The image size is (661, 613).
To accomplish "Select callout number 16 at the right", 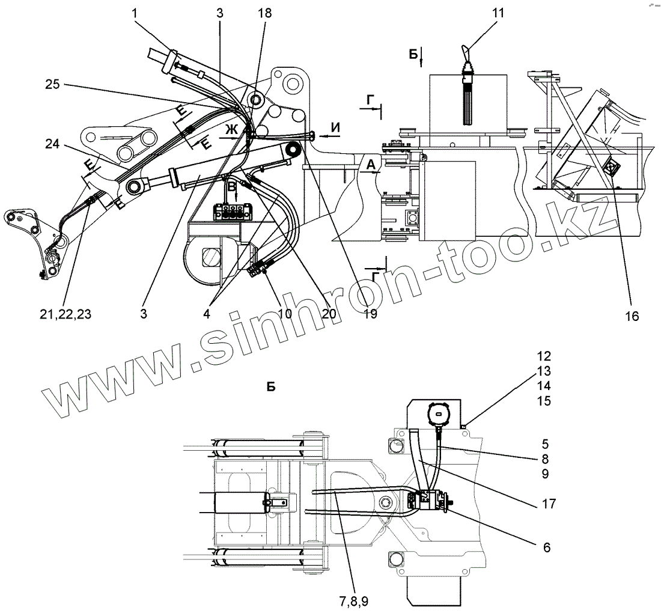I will click(630, 315).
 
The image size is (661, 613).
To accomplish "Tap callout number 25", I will click(52, 85).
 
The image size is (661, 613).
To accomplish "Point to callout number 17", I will click(547, 504).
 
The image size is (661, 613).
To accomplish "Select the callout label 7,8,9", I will click(353, 601).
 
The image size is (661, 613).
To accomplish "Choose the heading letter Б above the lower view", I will click(271, 387).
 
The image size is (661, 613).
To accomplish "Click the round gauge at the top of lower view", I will click(438, 413).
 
